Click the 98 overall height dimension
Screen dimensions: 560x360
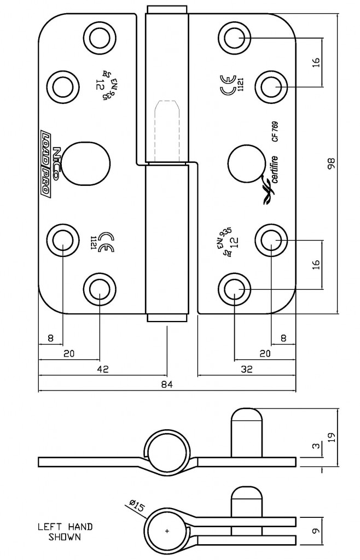pos(330,164)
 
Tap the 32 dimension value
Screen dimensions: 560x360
pos(246,370)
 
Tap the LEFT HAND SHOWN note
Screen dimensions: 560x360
pos(65,532)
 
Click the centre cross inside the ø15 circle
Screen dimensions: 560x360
pos(167,531)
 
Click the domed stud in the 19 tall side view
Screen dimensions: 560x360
pos(247,432)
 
